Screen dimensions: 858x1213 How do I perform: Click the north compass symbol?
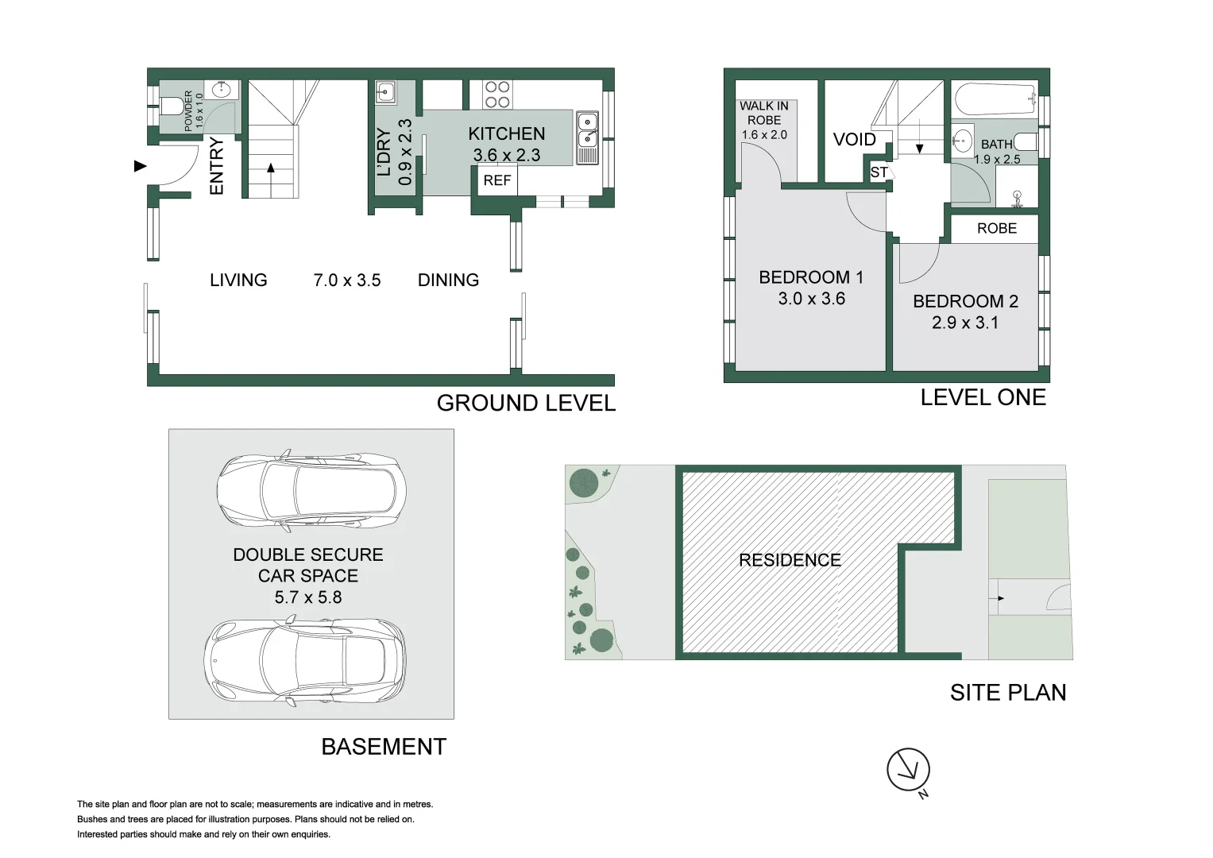click(x=908, y=770)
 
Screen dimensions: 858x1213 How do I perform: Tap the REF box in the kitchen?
click(x=497, y=180)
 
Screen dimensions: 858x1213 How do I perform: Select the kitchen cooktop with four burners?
click(x=497, y=95)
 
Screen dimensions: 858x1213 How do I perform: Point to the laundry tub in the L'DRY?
click(x=385, y=92)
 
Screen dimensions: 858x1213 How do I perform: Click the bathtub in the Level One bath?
click(x=996, y=99)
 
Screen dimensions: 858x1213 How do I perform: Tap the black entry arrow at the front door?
click(x=141, y=166)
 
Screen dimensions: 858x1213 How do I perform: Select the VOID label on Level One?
click(x=854, y=140)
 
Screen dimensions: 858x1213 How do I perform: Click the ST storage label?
click(x=879, y=172)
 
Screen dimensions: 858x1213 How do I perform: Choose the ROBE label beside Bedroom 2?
click(x=996, y=229)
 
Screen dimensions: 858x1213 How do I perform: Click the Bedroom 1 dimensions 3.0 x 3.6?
click(x=811, y=299)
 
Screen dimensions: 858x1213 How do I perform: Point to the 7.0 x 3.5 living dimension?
click(x=347, y=280)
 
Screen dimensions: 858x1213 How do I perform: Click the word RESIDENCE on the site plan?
click(x=790, y=560)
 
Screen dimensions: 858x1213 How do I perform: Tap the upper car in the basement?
click(x=312, y=492)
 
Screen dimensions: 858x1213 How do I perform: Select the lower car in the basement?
click(x=306, y=662)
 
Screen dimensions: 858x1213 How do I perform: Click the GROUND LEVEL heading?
click(x=526, y=404)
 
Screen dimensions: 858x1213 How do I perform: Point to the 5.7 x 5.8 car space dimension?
click(x=308, y=597)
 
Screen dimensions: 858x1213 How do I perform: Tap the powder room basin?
click(x=221, y=91)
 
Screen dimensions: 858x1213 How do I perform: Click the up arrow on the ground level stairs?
click(x=271, y=169)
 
